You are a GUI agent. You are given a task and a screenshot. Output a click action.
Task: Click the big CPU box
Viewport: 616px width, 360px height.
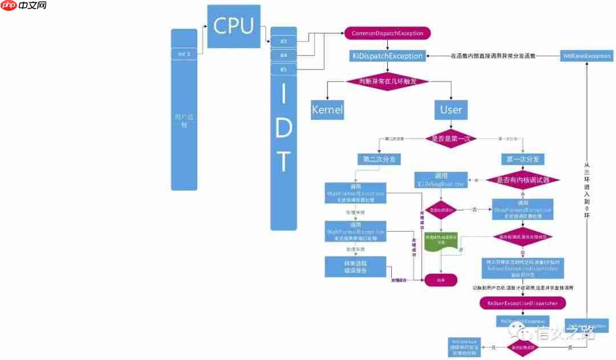tap(234, 26)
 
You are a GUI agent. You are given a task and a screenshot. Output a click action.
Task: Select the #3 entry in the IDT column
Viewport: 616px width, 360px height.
tap(283, 42)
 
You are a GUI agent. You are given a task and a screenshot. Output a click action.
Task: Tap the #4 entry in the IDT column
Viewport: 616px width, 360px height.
tap(283, 55)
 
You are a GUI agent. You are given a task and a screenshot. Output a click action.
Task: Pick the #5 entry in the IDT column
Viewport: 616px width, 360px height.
tap(283, 70)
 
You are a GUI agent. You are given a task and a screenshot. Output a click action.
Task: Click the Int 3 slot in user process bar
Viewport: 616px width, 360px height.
tap(184, 54)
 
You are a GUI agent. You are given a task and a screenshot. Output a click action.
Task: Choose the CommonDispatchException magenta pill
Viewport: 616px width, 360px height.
tap(387, 34)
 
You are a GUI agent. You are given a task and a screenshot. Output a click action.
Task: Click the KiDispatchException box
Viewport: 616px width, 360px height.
tap(387, 56)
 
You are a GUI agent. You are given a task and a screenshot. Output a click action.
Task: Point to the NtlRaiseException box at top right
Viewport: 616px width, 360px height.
tap(587, 56)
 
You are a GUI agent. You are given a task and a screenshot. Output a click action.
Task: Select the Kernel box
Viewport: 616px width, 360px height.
tap(327, 110)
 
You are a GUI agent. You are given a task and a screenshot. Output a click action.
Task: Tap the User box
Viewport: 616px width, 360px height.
tap(451, 109)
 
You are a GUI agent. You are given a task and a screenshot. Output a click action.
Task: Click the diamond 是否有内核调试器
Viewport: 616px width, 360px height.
tap(523, 180)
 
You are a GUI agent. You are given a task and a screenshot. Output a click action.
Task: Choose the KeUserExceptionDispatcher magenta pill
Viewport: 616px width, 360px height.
tap(522, 303)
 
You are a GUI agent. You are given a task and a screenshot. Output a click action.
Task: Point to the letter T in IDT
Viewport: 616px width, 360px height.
tap(283, 162)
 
